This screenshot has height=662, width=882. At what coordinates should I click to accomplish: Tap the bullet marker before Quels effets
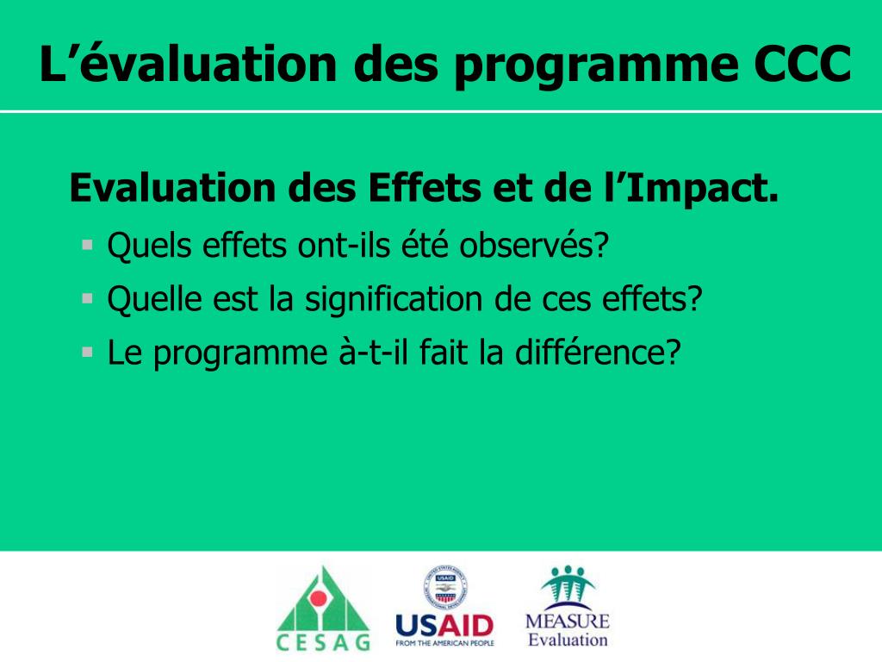[x=87, y=245]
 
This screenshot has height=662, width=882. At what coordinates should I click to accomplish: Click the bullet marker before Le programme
[x=87, y=352]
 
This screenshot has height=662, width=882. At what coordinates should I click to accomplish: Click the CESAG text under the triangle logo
[x=323, y=642]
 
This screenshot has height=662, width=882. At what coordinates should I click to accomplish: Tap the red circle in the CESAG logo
[x=319, y=597]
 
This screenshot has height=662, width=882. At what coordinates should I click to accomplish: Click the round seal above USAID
[x=444, y=588]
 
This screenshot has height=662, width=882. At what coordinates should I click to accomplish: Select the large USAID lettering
[x=444, y=626]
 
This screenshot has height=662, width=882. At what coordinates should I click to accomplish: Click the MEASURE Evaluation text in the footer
[x=567, y=630]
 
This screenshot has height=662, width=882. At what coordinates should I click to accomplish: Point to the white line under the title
[x=441, y=111]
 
